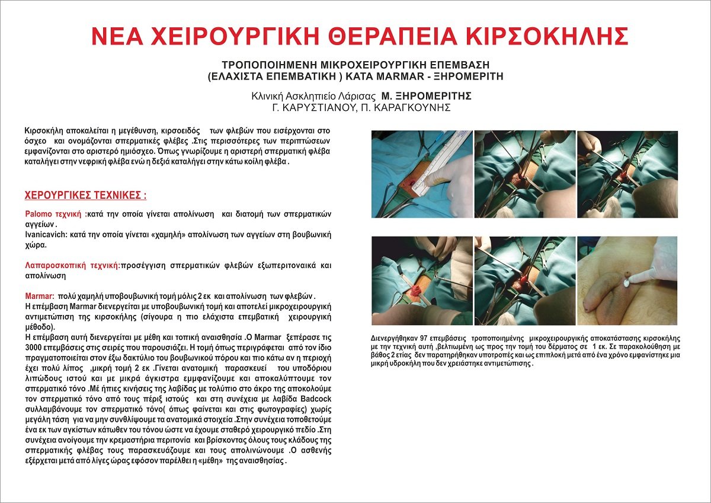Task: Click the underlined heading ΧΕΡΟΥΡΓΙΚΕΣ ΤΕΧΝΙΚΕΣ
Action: click(85, 195)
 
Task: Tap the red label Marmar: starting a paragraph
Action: click(40, 296)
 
